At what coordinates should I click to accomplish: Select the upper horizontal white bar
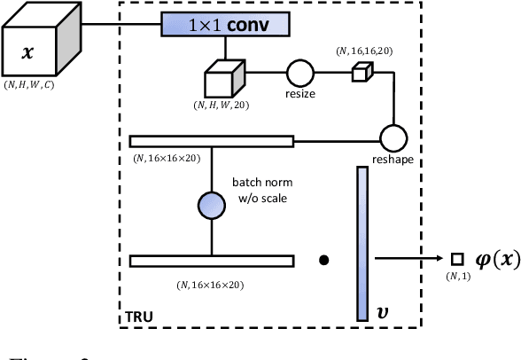211,140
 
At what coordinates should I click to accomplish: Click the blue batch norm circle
211,205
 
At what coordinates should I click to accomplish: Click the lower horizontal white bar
211,261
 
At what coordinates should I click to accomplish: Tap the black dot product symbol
324,261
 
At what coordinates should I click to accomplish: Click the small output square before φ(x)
457,259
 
